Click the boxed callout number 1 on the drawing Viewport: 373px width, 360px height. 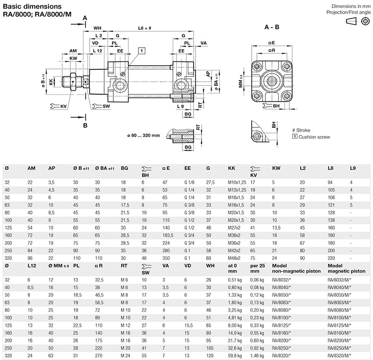(x=142, y=50)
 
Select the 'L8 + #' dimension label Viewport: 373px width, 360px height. (x=144, y=28)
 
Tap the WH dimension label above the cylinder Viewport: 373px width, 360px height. (x=97, y=28)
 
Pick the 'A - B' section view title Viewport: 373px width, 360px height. (x=271, y=27)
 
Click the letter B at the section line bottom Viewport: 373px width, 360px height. (x=85, y=126)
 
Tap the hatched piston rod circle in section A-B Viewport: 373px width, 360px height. (x=271, y=81)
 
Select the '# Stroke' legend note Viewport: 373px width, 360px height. (x=301, y=130)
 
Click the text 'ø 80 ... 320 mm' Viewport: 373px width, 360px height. (x=144, y=135)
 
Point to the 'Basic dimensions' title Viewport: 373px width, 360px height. (x=32, y=7)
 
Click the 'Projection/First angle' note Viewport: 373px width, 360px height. (x=348, y=12)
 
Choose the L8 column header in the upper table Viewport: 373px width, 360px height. (x=331, y=168)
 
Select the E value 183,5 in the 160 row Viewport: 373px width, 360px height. (x=168, y=235)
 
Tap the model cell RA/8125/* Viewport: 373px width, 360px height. (x=281, y=325)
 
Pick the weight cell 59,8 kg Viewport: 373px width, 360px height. (x=235, y=356)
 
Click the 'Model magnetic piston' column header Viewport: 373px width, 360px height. (x=347, y=268)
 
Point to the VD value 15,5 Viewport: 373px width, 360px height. (x=188, y=325)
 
